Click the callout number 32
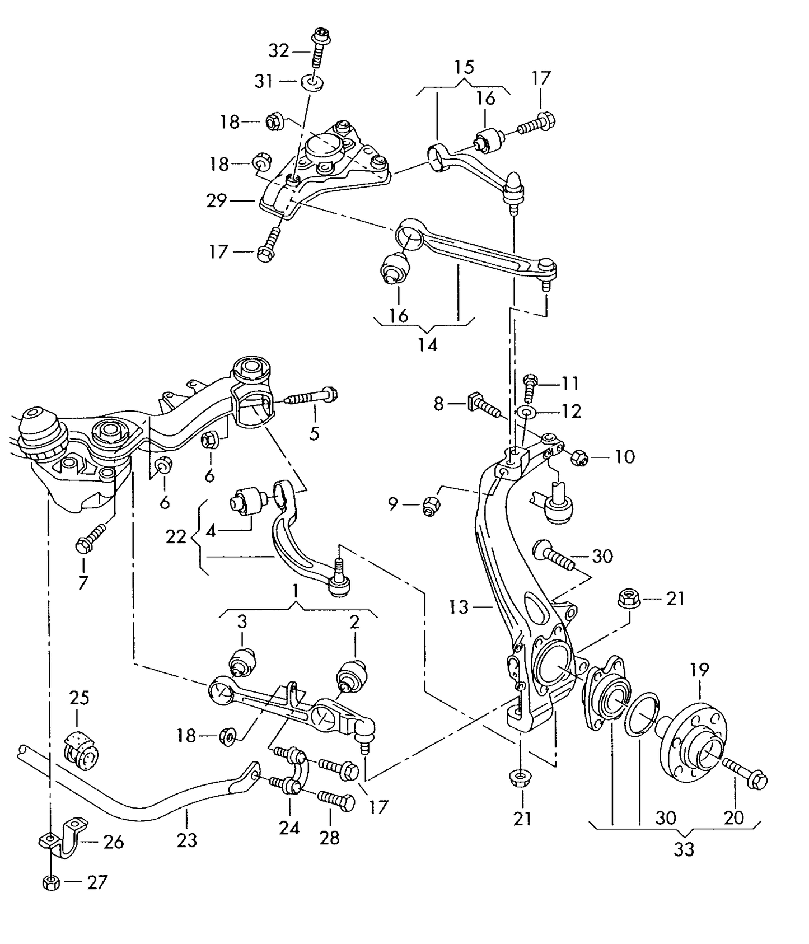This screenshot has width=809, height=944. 278,51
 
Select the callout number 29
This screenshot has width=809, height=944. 217,200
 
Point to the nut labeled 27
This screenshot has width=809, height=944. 50,883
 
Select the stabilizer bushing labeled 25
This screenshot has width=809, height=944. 81,748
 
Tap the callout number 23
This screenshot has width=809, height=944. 187,840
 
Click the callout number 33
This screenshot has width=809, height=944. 684,849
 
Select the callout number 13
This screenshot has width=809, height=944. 459,606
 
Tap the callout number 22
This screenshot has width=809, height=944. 176,537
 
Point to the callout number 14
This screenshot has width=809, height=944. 427,344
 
